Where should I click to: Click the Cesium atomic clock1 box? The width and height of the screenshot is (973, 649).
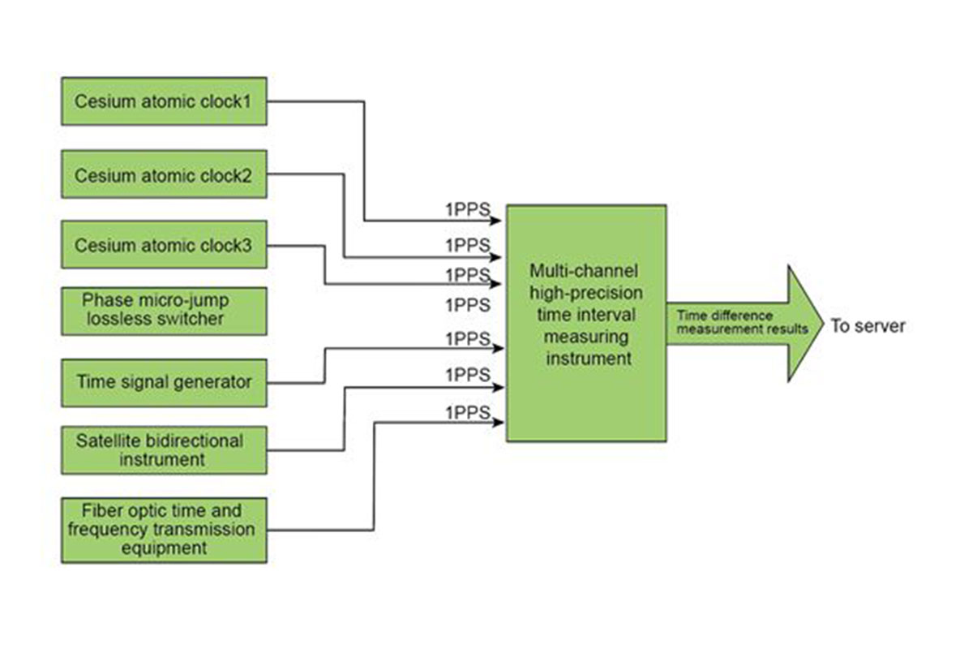tap(164, 101)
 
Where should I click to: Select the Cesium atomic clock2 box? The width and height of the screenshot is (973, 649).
tap(164, 174)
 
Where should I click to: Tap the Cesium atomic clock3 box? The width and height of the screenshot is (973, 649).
tap(164, 244)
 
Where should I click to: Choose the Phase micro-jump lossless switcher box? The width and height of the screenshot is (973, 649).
tap(164, 310)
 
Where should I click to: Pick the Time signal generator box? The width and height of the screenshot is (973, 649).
tap(164, 382)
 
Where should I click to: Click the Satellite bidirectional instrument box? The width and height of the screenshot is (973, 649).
tap(164, 450)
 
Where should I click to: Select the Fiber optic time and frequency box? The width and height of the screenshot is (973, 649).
tap(164, 530)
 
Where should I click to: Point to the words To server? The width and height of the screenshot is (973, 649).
tap(867, 326)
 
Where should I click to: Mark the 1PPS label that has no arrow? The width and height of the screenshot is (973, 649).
tap(468, 305)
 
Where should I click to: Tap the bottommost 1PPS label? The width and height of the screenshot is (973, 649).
tap(468, 413)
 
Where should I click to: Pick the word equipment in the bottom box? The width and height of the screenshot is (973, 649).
tap(164, 548)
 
